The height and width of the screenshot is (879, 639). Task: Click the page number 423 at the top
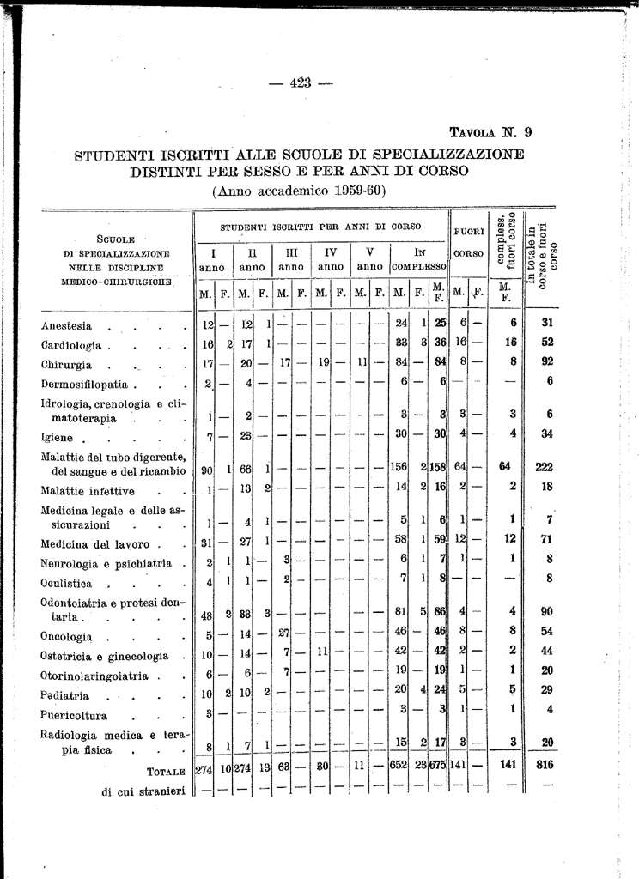(x=300, y=83)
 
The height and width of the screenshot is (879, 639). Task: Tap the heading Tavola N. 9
(x=491, y=132)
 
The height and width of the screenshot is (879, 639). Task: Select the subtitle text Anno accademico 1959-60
(x=299, y=190)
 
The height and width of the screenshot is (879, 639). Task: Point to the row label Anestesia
(x=66, y=326)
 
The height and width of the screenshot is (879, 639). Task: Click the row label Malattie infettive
(x=88, y=491)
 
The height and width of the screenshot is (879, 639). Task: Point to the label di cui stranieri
(x=143, y=791)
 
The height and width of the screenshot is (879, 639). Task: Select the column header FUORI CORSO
(x=469, y=242)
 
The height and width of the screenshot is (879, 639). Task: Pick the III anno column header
(x=291, y=261)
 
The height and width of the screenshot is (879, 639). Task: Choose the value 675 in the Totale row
(x=438, y=766)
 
